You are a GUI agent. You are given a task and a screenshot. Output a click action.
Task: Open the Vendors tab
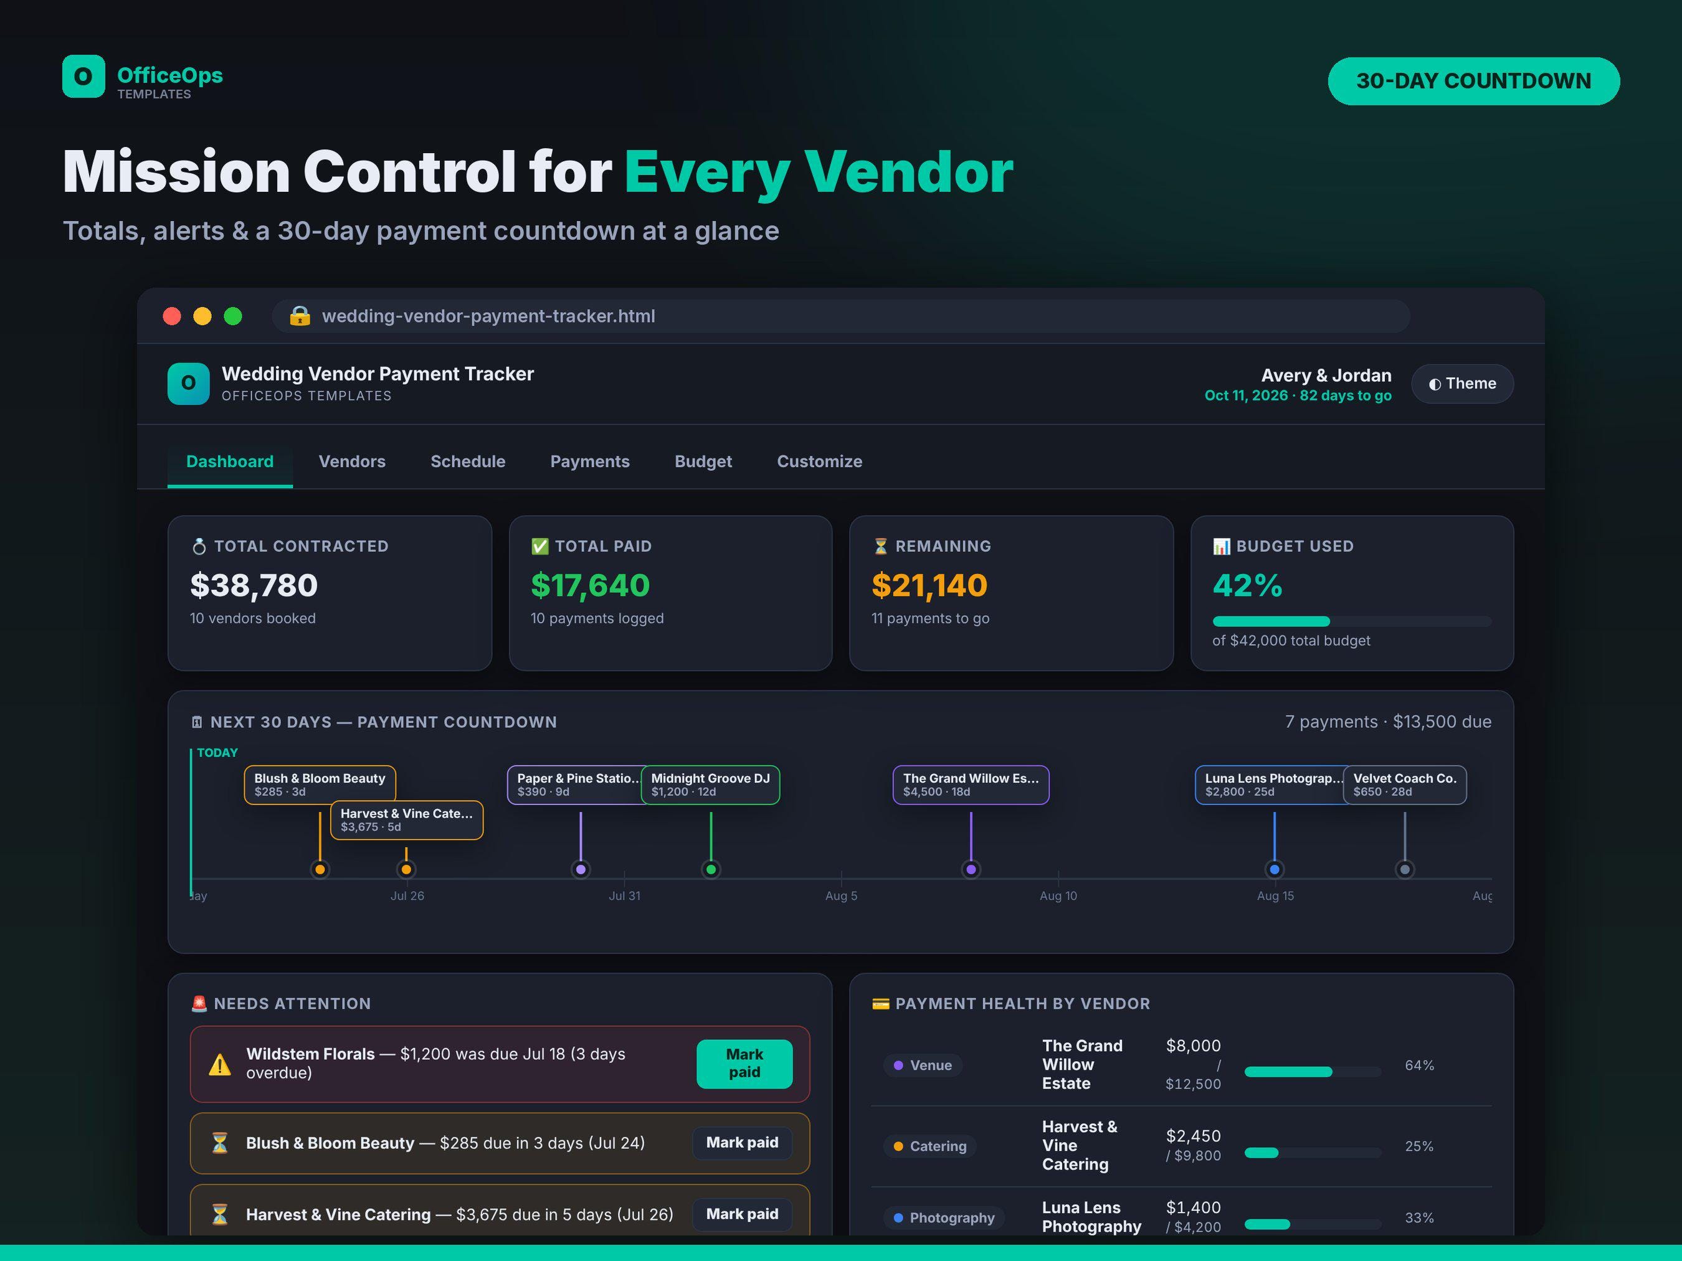(351, 461)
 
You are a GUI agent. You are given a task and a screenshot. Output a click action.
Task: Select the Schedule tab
(468, 461)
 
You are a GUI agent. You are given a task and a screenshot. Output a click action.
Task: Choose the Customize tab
(819, 461)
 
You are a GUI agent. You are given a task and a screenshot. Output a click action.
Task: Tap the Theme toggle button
(1461, 384)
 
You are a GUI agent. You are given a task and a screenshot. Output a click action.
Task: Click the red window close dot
(172, 316)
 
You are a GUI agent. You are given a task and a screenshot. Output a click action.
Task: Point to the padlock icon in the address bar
(300, 316)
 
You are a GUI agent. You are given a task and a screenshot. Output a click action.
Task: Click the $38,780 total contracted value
(254, 585)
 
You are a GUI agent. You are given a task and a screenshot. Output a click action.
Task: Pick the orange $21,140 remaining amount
(929, 585)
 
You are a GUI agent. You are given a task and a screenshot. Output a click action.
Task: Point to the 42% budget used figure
(1247, 585)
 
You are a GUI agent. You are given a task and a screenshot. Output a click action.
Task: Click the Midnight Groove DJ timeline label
(710, 785)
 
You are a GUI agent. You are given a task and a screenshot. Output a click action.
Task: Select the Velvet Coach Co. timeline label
(1404, 785)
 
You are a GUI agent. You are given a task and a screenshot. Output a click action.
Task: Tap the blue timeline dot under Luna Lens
(1275, 869)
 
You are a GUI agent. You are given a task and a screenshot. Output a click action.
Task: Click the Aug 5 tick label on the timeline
(841, 896)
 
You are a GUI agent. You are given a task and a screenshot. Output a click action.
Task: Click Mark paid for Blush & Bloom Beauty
(742, 1143)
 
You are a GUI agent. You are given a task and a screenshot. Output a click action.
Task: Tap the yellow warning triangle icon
(220, 1064)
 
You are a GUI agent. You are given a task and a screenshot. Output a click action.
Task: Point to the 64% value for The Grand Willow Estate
(1419, 1065)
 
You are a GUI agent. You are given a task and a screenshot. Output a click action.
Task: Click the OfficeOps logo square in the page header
(83, 76)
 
